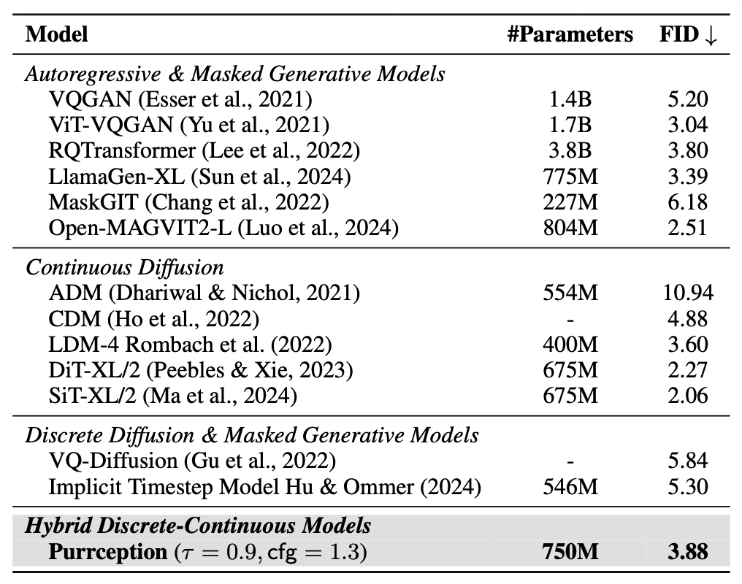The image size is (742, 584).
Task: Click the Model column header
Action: click(x=56, y=35)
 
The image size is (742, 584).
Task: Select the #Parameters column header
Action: click(x=570, y=35)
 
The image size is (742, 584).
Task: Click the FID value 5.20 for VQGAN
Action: click(x=688, y=99)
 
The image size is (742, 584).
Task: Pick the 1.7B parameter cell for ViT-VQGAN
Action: click(x=570, y=125)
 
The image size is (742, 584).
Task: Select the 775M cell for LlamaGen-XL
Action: click(x=570, y=176)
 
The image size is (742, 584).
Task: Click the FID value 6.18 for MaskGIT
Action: click(x=688, y=201)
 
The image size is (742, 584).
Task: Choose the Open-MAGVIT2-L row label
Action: click(x=223, y=227)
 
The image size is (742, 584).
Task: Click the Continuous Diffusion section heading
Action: click(x=125, y=266)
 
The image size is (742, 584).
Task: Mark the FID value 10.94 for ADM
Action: click(x=686, y=293)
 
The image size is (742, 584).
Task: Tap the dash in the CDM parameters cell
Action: click(x=570, y=318)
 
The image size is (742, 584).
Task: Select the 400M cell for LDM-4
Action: click(x=570, y=344)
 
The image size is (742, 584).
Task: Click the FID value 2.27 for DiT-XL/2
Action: click(x=688, y=369)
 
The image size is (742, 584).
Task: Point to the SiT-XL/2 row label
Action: click(x=173, y=395)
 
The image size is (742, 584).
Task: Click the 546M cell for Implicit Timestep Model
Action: click(x=570, y=486)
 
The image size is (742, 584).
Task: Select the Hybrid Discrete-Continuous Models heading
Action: click(x=198, y=526)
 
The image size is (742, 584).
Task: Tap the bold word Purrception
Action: click(x=108, y=552)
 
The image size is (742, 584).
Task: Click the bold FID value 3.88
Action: click(x=688, y=552)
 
